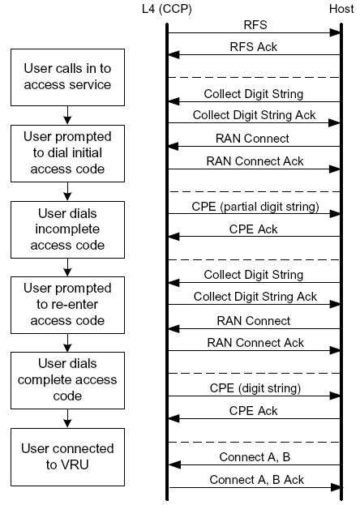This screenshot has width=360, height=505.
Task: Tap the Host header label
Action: tap(340, 8)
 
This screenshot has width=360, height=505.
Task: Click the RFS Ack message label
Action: tap(254, 47)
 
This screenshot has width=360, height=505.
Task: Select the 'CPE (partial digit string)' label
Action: tap(254, 206)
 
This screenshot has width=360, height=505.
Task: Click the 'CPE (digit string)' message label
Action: tap(254, 388)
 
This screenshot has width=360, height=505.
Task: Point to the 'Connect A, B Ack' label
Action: tap(256, 480)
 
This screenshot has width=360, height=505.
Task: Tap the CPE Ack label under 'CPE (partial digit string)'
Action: tap(254, 229)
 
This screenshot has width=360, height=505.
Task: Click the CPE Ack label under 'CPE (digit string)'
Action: tap(254, 411)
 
